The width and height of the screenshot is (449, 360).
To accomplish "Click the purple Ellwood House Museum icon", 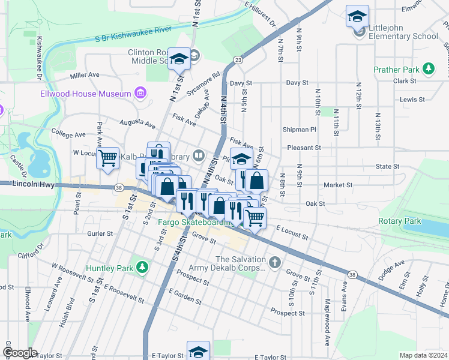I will click(140, 94).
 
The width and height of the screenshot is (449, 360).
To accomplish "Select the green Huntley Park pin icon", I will click(142, 267).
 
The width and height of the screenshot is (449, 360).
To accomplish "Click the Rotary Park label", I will click(400, 221).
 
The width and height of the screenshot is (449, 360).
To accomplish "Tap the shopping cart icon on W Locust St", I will click(108, 159).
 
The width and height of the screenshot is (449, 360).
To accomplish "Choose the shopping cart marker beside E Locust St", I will click(255, 219).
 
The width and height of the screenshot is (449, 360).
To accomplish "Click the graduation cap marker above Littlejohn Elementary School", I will click(357, 17).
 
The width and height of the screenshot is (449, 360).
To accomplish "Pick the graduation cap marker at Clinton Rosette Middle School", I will click(179, 59).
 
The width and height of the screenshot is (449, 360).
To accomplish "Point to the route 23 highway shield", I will click(238, 59).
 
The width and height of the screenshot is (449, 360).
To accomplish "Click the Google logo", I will click(19, 352).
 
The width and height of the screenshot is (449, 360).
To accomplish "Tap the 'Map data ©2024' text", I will click(423, 355).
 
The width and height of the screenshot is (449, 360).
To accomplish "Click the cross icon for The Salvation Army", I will click(274, 262).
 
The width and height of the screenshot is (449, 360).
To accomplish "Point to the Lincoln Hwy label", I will click(33, 186).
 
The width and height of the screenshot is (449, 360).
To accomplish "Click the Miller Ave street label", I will click(85, 75).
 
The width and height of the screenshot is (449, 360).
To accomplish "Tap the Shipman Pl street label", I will click(299, 129).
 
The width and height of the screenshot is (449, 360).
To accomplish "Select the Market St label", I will click(337, 185).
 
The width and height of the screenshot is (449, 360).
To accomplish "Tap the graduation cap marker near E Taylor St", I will click(198, 352).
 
